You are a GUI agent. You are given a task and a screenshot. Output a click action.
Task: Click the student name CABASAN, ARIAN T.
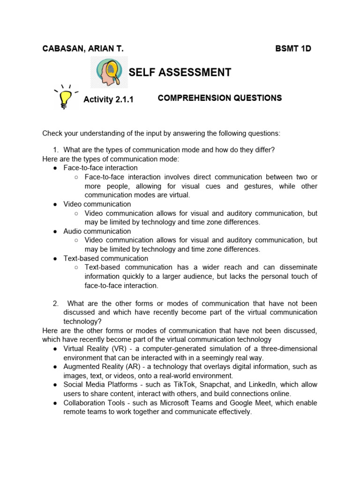click(x=83, y=49)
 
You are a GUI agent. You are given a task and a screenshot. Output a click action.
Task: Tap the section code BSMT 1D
click(x=293, y=49)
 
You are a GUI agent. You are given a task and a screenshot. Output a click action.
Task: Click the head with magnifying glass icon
click(x=109, y=72)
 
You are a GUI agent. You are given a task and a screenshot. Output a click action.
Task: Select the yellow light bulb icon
click(x=66, y=97)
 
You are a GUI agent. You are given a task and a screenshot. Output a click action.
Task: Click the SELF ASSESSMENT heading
click(x=180, y=72)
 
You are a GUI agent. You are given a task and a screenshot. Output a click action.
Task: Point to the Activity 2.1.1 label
click(x=108, y=99)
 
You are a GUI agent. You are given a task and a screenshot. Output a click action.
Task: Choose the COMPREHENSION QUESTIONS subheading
click(x=220, y=98)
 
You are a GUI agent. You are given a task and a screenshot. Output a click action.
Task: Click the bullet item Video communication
click(x=97, y=204)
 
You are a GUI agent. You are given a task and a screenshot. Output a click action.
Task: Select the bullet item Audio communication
click(x=97, y=231)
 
